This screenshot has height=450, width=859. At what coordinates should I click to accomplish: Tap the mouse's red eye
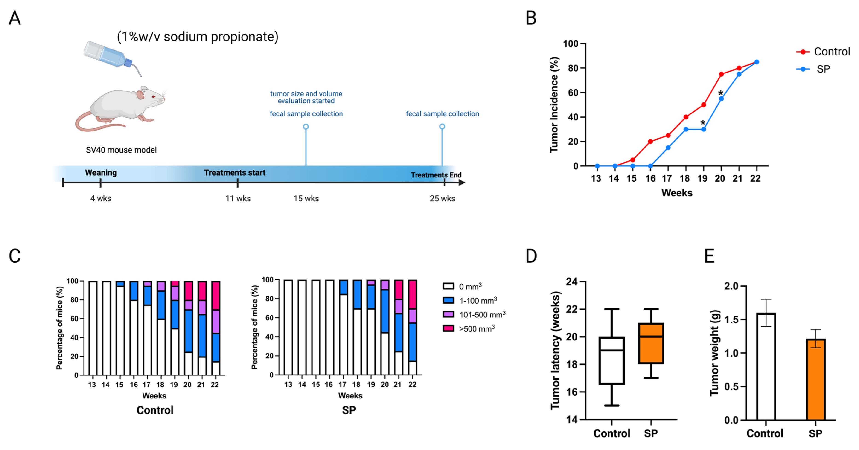(154, 97)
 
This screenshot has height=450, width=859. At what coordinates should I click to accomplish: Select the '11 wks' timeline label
(238, 199)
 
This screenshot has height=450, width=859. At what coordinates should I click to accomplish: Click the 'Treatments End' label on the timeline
(436, 175)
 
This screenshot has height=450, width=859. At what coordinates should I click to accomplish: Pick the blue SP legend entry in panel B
(814, 69)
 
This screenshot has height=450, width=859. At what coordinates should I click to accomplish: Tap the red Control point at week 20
(721, 74)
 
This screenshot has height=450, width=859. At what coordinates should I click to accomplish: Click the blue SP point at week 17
(668, 148)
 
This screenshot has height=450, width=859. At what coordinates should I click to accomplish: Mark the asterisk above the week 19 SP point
(703, 123)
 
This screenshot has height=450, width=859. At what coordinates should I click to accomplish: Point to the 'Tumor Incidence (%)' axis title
(554, 105)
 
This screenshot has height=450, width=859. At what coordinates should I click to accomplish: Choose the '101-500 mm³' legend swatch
(448, 314)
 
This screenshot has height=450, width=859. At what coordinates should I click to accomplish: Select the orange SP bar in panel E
(816, 380)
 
